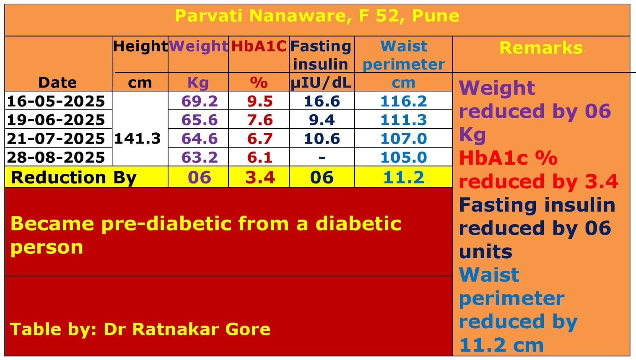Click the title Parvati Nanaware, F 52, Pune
point(317,16)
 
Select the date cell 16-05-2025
point(56,101)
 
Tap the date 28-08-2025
point(56,157)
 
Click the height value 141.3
point(138,138)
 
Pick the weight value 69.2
point(200,101)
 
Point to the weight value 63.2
point(200,157)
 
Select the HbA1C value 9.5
point(260,101)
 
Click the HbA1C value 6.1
point(260,157)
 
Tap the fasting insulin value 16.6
point(322,101)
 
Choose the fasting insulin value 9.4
point(322,120)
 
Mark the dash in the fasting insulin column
point(322,158)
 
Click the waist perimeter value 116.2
point(403,101)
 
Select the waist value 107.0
point(403,138)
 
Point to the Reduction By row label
point(74,177)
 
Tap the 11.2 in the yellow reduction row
point(403,177)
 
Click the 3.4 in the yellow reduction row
point(260,177)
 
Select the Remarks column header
point(541,48)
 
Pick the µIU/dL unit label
point(321,83)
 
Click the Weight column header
point(198,46)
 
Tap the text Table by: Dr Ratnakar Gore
point(140,329)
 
